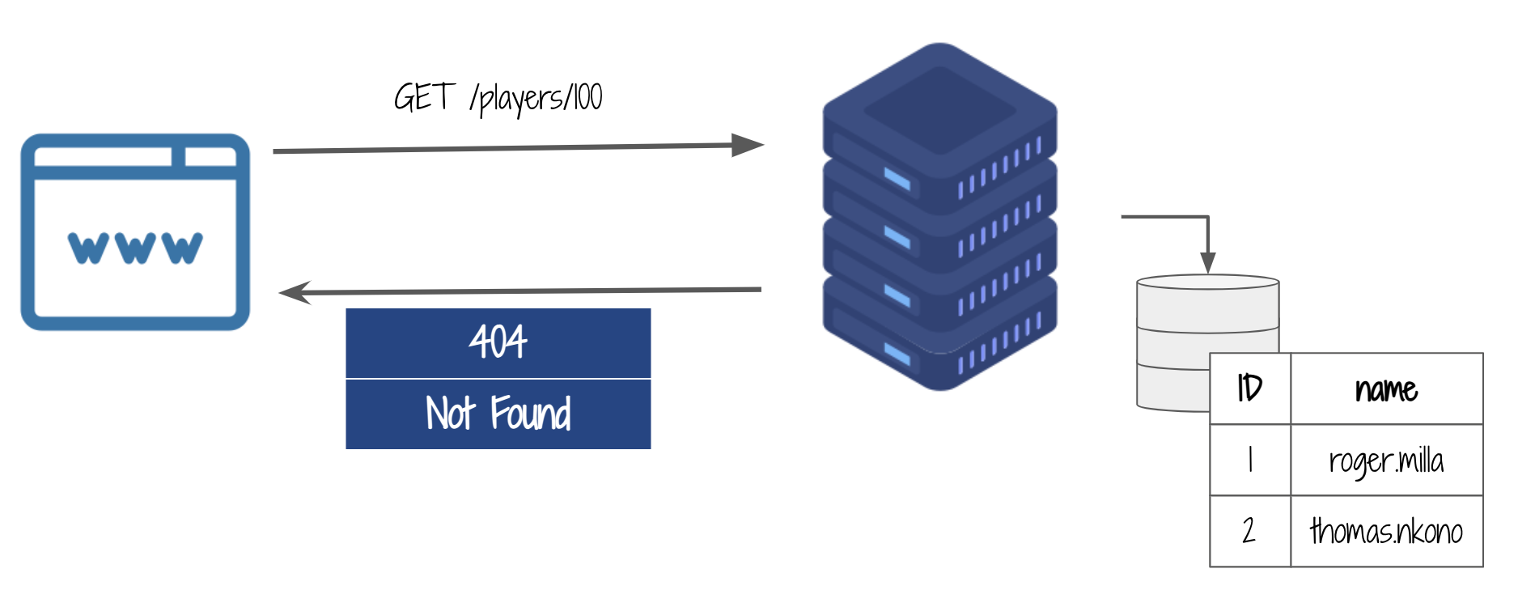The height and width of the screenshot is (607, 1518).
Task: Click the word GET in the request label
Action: coord(423,98)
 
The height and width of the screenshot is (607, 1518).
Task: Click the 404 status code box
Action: coord(498,342)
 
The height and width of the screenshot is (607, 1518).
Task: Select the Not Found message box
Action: coord(498,414)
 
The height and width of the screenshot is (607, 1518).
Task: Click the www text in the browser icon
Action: coord(135,247)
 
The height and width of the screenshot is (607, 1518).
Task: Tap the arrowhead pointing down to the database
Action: coord(1207,262)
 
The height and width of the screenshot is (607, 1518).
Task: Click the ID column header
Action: coord(1249,388)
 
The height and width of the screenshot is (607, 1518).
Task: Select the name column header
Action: coord(1386,388)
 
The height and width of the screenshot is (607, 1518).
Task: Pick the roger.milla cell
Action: coord(1386,460)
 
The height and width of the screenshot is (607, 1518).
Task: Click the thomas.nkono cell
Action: coord(1386,531)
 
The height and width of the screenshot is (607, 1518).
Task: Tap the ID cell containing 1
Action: coord(1249,460)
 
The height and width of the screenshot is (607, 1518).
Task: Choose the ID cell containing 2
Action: coord(1249,531)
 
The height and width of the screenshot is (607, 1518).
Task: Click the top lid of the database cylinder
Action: coord(1207,282)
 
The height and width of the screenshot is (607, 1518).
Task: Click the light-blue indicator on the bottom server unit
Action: coord(897,354)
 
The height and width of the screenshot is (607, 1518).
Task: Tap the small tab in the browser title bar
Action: coord(210,156)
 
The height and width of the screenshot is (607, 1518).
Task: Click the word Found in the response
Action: coord(530,414)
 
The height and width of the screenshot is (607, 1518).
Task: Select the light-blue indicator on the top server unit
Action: coord(897,178)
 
